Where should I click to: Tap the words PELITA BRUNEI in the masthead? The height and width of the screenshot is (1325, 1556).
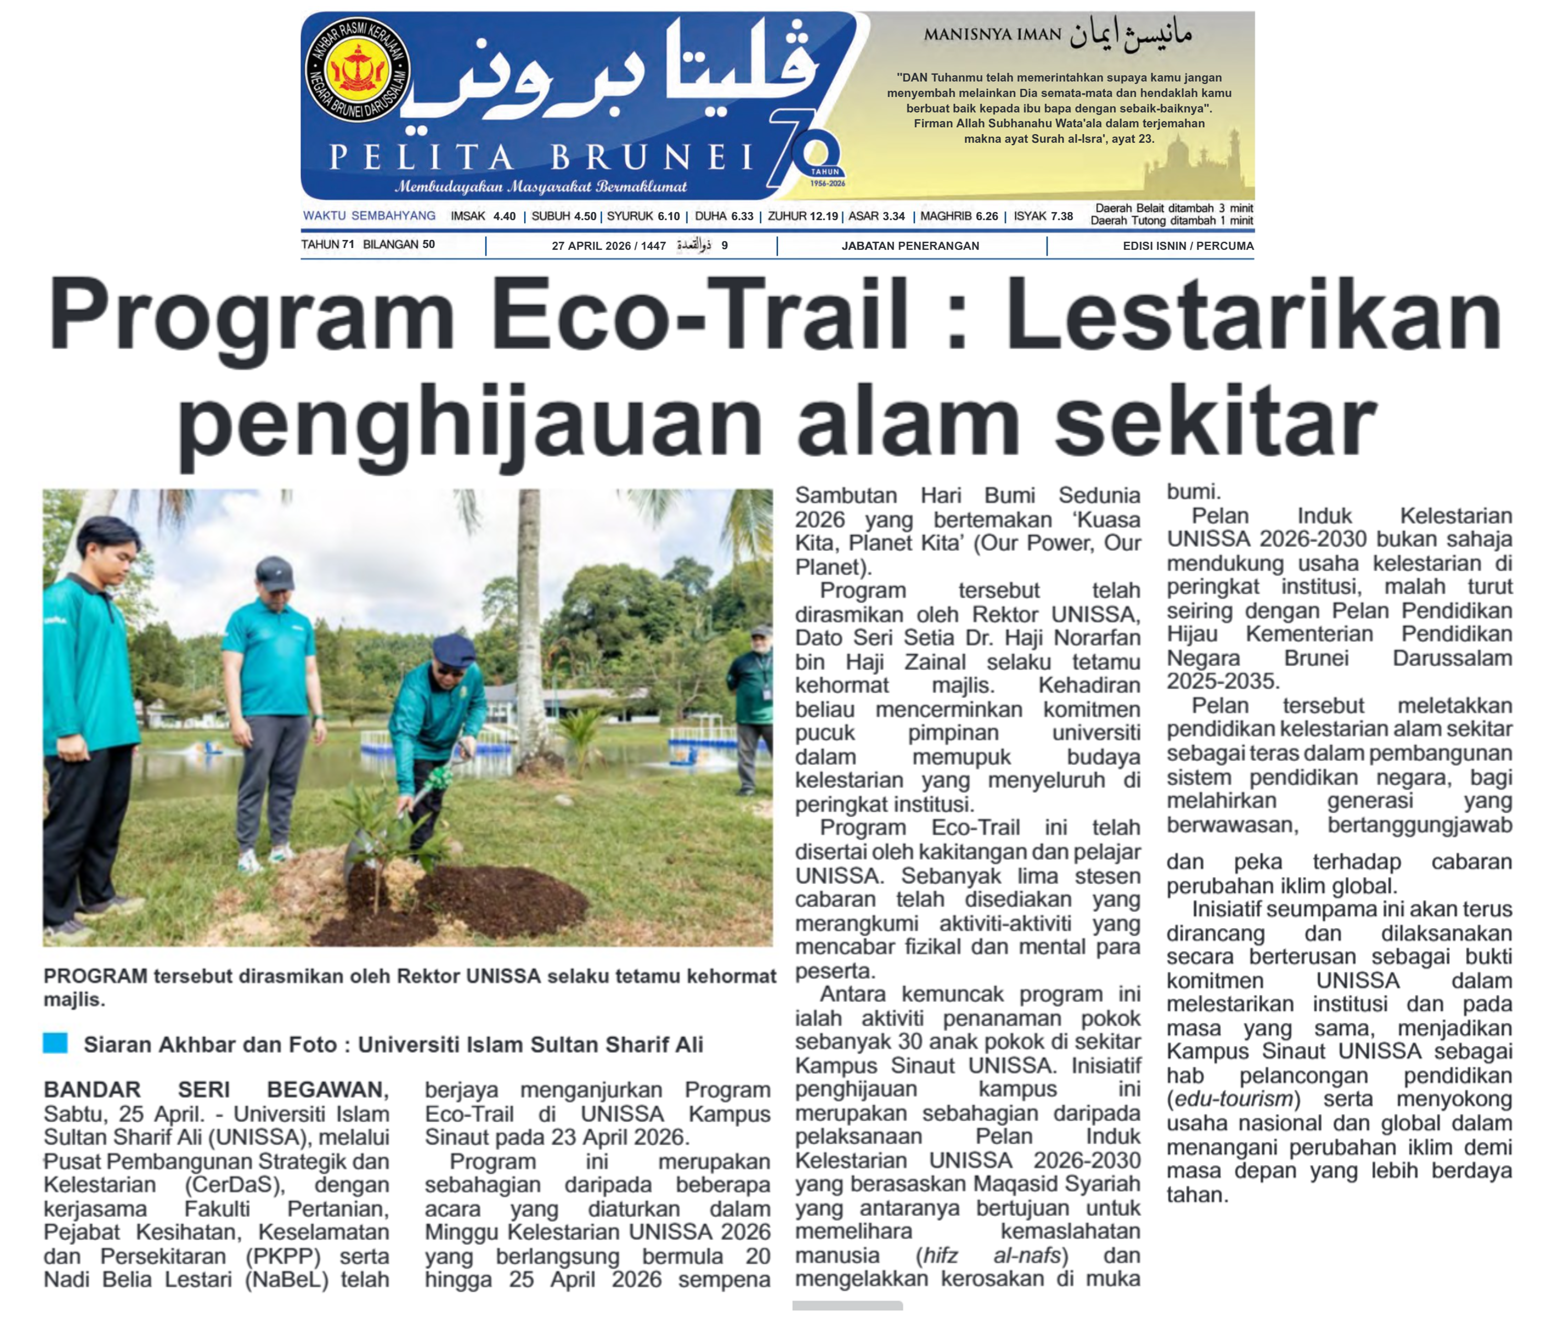(541, 158)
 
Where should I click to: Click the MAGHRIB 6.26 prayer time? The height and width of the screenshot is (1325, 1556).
(959, 216)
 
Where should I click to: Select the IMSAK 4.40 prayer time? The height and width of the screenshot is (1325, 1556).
(483, 216)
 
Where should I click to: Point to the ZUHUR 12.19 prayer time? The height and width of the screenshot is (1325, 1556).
(802, 216)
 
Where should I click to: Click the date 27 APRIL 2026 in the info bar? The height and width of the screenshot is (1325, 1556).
(608, 246)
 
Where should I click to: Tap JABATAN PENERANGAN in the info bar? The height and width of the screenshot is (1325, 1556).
(910, 246)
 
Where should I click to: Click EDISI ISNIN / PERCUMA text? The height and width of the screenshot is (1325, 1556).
(1188, 246)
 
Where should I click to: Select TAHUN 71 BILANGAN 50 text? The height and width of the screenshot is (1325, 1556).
(368, 244)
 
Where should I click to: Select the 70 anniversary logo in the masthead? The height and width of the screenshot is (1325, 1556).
(807, 154)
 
